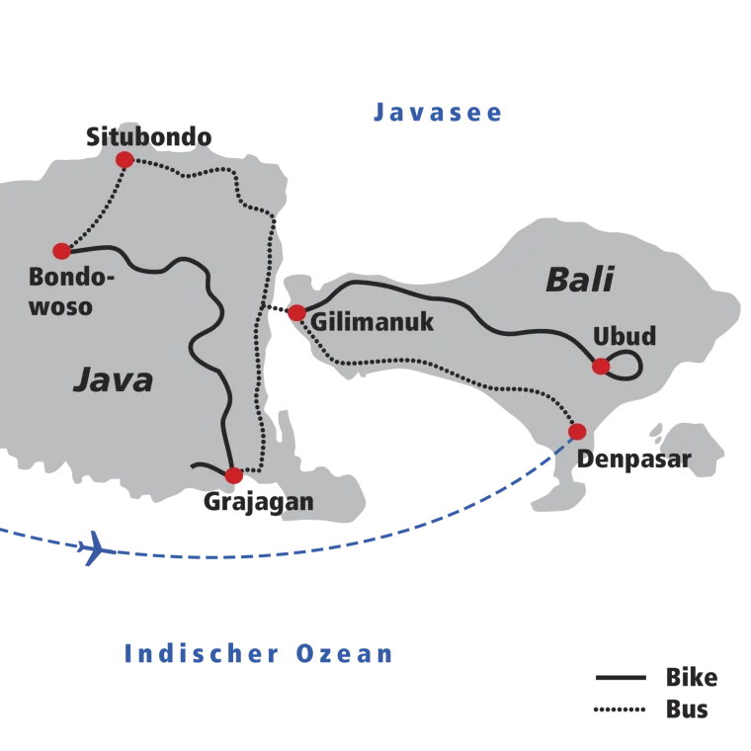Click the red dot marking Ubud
point(601,367)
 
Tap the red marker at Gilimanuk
point(296,313)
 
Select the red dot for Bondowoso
point(62,251)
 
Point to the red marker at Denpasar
point(577,432)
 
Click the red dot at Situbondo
point(125,160)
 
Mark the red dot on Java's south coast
point(234,476)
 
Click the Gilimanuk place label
point(373,322)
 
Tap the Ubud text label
point(625,337)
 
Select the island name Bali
point(579,280)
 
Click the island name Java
point(114,380)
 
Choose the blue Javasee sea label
point(438,113)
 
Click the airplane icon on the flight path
point(92,547)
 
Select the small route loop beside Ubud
point(626,365)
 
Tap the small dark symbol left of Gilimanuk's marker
point(276,309)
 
